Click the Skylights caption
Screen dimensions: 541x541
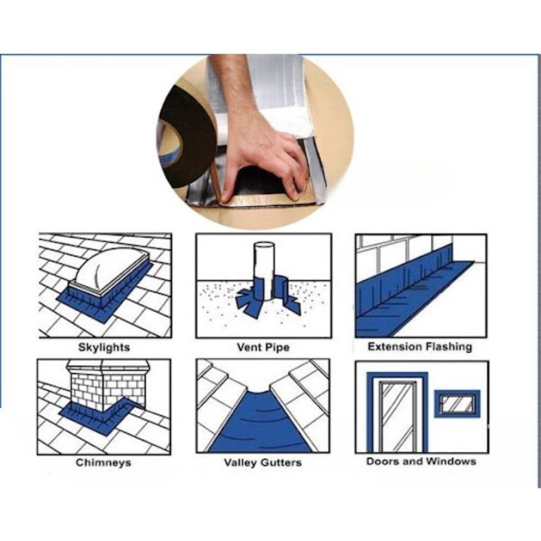[104, 348]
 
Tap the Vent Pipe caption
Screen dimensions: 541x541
[264, 348]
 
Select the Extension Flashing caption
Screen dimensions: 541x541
[420, 347]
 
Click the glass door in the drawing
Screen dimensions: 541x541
[397, 413]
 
